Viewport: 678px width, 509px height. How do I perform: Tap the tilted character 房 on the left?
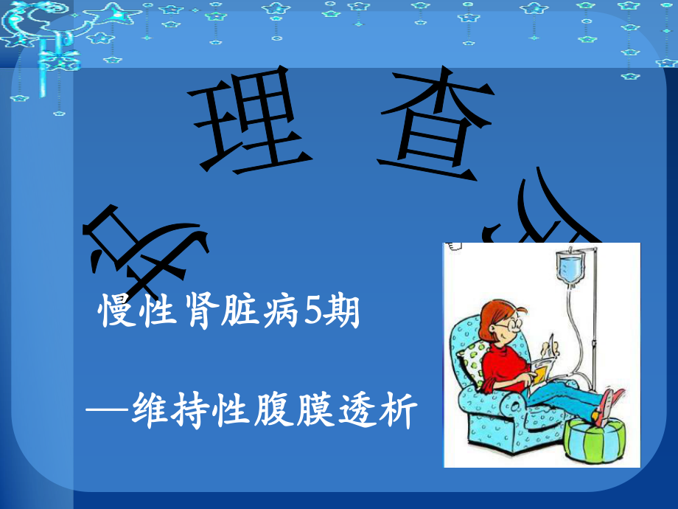click(144, 243)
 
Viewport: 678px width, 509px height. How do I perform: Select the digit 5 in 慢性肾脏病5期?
click(312, 315)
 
